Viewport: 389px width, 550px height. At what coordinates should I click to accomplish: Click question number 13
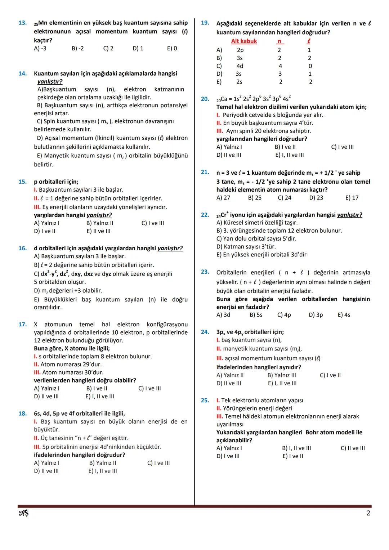coord(22,23)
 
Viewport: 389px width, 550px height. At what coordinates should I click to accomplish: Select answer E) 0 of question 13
coord(172,48)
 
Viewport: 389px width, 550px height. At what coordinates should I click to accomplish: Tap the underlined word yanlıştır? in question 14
coord(50,81)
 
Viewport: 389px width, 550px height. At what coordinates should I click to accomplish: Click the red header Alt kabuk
coord(244,41)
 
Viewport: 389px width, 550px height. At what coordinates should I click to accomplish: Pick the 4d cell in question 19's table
coord(240,66)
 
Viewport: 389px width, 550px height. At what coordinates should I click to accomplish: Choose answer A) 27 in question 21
coord(223,197)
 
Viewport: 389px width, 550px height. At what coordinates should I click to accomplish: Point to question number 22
coord(205,215)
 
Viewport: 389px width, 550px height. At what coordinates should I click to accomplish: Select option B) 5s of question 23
coord(256,315)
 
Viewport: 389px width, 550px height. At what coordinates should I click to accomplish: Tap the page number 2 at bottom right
coord(368,513)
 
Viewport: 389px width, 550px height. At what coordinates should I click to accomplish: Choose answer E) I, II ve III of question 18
coord(103,471)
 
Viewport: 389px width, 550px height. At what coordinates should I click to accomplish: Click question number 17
coord(22,325)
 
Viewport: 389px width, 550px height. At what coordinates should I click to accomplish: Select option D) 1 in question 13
coord(138,48)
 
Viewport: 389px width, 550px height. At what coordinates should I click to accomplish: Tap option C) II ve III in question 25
coord(353,448)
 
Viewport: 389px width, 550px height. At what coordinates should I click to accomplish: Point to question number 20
coord(205,99)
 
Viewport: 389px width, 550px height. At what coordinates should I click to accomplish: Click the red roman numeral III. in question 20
coord(220,131)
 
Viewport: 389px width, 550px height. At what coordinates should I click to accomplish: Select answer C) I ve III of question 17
coord(149,388)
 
